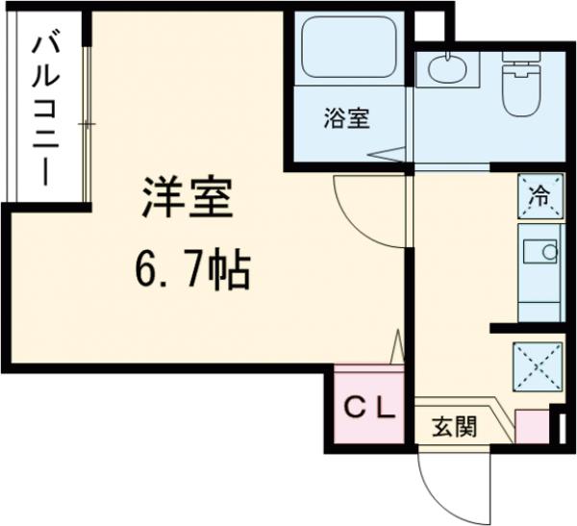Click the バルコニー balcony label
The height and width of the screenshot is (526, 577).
point(44,108)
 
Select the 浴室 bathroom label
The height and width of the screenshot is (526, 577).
point(345,121)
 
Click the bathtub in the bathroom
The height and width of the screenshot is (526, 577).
point(348,49)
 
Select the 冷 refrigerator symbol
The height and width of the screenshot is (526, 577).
point(540,197)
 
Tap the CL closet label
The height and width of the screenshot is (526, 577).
point(370,409)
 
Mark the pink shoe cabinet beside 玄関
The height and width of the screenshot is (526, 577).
point(532,427)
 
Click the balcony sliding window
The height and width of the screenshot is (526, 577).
point(87,125)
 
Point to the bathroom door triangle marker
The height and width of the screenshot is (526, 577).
point(389,153)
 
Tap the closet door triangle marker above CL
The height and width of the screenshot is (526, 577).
point(396,347)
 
